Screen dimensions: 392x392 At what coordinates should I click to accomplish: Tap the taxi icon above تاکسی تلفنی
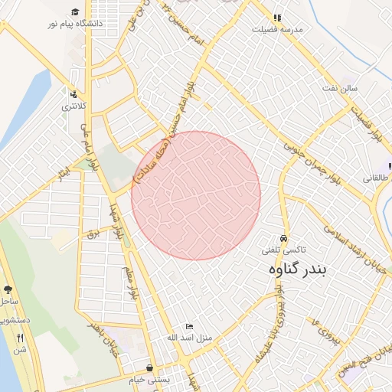(285, 238)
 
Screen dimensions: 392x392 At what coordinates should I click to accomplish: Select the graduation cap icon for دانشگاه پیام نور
(75, 11)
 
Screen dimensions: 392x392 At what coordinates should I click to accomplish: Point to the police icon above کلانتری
(73, 94)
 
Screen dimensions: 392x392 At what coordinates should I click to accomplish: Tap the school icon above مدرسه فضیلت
(277, 17)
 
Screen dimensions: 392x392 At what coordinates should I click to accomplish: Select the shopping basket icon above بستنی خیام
(149, 367)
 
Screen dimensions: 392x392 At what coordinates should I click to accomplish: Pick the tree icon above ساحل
(8, 290)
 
